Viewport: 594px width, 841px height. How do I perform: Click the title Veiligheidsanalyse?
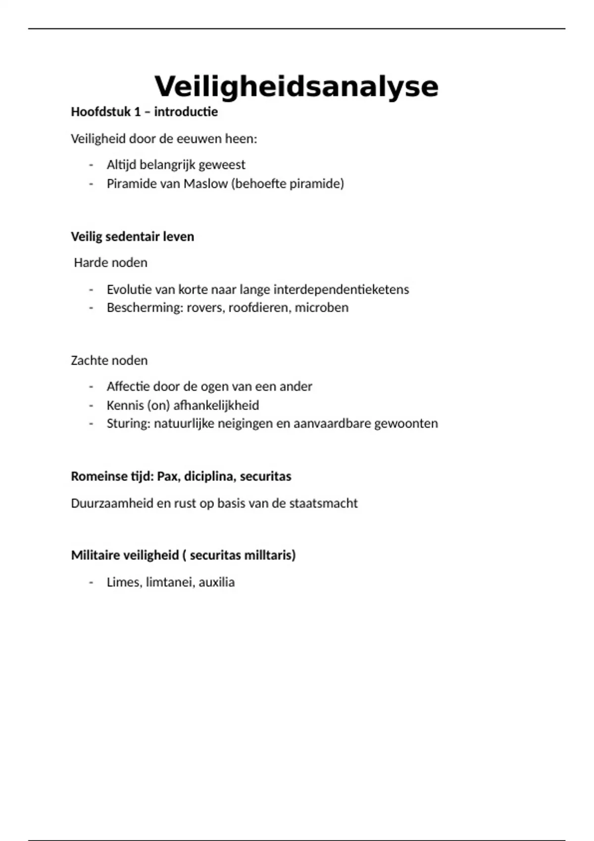pyautogui.click(x=297, y=87)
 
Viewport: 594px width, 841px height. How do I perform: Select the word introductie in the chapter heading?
pyautogui.click(x=186, y=112)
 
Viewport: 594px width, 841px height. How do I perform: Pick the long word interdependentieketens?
pyautogui.click(x=341, y=289)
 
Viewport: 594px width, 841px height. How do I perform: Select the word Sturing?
pyautogui.click(x=128, y=423)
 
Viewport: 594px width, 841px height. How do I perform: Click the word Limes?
pyautogui.click(x=124, y=582)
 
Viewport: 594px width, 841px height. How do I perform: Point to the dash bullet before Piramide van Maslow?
pyautogui.click(x=91, y=184)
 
